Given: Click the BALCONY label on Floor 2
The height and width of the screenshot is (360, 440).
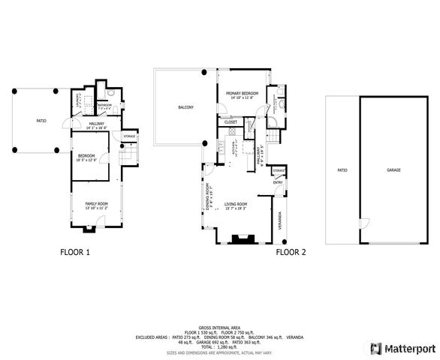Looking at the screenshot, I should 185,108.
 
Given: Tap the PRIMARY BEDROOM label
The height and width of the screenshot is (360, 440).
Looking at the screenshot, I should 242,93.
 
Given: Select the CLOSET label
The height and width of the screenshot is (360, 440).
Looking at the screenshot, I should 231,121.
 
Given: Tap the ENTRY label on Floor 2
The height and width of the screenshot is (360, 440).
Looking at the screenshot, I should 278,181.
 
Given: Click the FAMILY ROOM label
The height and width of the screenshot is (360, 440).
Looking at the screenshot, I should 96,204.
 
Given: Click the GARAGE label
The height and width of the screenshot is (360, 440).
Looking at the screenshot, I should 393,170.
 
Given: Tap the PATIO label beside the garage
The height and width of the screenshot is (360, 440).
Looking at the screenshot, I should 342,170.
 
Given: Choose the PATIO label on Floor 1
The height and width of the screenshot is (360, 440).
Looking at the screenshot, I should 41,120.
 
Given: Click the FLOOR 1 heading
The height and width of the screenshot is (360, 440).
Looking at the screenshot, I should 75,253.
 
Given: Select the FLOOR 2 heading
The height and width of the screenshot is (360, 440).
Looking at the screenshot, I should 291,253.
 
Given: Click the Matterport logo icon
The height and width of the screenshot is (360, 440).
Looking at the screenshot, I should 375,348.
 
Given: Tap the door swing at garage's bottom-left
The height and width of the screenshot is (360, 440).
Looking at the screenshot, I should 364,223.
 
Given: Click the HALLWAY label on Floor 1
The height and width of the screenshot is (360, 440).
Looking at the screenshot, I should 96,124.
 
